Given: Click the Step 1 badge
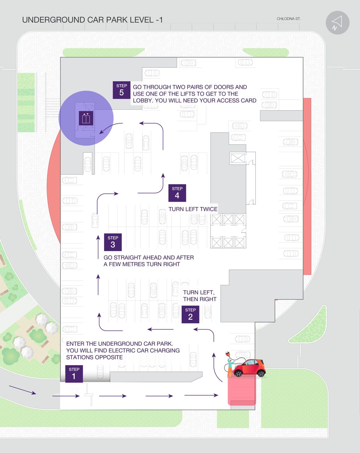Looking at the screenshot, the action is tap(74, 374).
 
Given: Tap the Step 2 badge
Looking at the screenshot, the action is tap(190, 314).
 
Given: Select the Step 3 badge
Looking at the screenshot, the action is tap(113, 242).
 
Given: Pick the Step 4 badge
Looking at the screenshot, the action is tap(177, 193).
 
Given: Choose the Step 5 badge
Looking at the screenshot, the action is tap(121, 90).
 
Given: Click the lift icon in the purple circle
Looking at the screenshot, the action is tap(86, 118).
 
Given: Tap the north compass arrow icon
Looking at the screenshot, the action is tap(337, 23).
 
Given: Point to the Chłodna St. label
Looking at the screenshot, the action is tap(288, 19).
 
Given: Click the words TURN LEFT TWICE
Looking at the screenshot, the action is tap(193, 209).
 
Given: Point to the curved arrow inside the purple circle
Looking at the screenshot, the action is tap(110, 128).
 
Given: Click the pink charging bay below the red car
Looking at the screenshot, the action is tap(242, 391).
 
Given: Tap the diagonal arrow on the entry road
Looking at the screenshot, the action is tap(23, 390).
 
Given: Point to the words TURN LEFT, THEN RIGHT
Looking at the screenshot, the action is tap(200, 296).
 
